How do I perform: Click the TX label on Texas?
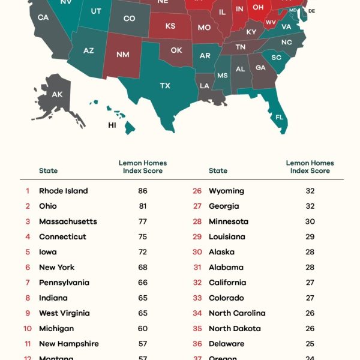click(x=165, y=86)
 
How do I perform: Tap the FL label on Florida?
click(x=279, y=118)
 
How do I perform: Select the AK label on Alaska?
click(x=57, y=94)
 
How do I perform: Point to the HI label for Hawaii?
click(x=112, y=125)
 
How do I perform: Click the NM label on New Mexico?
click(x=122, y=55)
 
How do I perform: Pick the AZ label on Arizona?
click(x=88, y=51)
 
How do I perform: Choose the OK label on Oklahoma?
click(x=176, y=50)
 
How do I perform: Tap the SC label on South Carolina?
click(x=277, y=58)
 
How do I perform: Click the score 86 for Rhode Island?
click(x=142, y=191)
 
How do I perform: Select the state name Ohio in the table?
click(x=48, y=206)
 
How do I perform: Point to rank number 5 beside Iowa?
click(x=28, y=252)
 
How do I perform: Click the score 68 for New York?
click(x=142, y=268)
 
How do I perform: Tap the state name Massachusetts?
click(x=68, y=221)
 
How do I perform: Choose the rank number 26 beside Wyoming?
click(x=197, y=191)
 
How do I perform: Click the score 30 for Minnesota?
click(x=310, y=221)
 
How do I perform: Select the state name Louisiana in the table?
click(x=227, y=237)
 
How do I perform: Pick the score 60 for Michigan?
click(x=142, y=329)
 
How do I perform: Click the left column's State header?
click(x=49, y=171)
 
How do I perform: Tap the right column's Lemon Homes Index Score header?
click(x=310, y=167)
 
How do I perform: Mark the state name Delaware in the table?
click(x=226, y=344)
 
